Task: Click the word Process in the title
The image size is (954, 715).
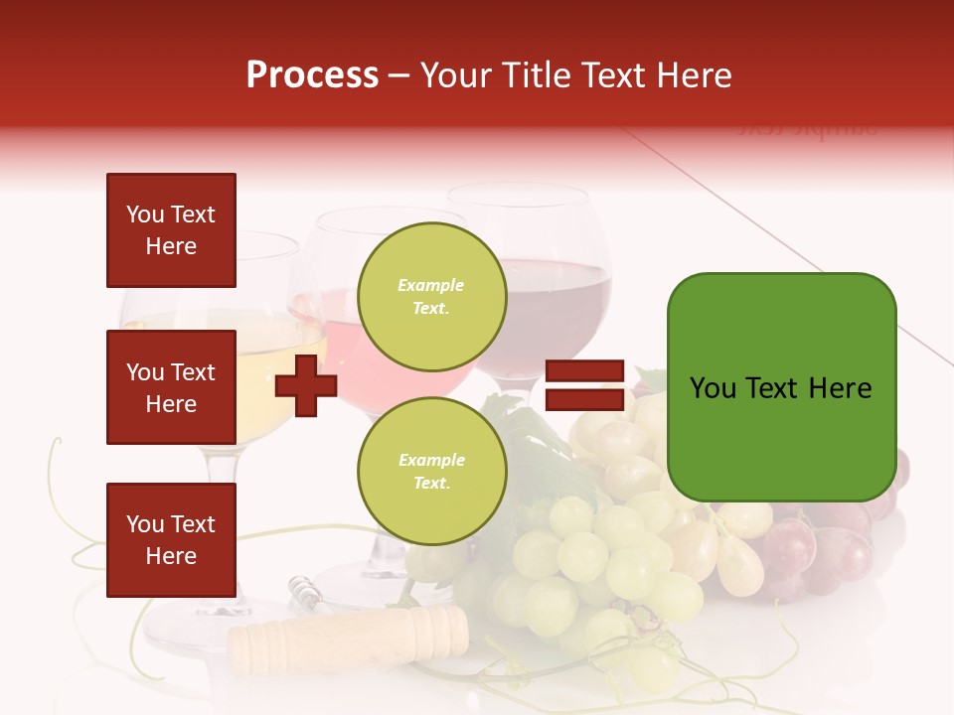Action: tap(312, 75)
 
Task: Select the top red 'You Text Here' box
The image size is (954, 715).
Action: tap(171, 230)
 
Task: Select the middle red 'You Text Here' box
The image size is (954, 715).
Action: tap(171, 387)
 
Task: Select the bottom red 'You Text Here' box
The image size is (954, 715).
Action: tap(171, 540)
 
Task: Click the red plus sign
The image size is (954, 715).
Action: tap(306, 385)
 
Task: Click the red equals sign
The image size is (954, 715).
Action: tap(584, 386)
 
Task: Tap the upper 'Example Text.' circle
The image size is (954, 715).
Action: tap(431, 296)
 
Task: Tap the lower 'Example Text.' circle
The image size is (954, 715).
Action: tap(431, 471)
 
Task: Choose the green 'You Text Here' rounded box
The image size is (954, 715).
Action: tap(781, 387)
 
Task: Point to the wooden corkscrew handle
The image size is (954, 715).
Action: tap(348, 636)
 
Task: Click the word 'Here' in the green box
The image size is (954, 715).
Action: tap(840, 388)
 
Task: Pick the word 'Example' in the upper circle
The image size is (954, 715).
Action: tap(431, 285)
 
